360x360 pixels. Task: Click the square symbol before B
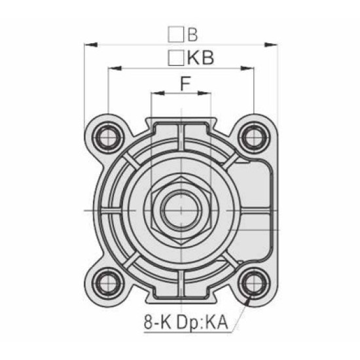pos(175,33)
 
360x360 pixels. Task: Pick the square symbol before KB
pos(175,58)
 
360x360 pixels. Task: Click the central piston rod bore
pos(180,209)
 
